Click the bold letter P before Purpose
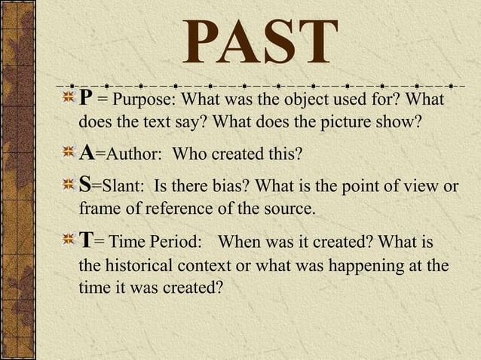click(x=87, y=99)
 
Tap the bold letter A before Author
click(x=87, y=154)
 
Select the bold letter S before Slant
click(x=86, y=185)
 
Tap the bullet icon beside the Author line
click(x=69, y=154)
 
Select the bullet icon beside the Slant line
click(x=69, y=185)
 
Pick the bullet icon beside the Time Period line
click(x=69, y=241)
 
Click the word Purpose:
click(x=144, y=100)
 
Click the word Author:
click(x=129, y=155)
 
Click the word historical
click(x=139, y=267)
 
